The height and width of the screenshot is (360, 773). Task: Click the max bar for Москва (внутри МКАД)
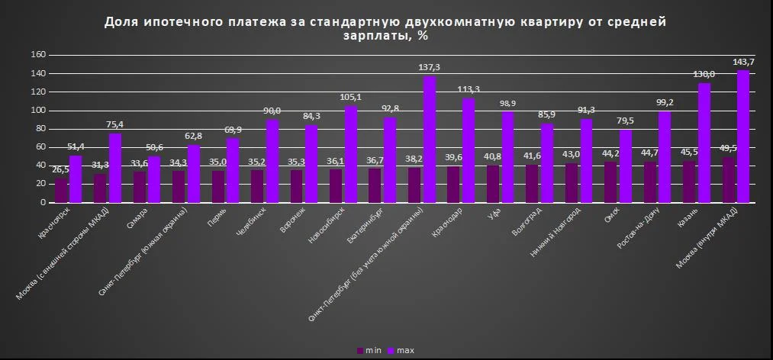click(743, 137)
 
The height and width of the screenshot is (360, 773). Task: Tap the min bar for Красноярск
click(61, 191)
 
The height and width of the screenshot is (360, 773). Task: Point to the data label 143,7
click(744, 62)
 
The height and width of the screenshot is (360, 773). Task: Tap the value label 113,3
click(469, 88)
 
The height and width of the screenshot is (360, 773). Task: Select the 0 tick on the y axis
click(44, 203)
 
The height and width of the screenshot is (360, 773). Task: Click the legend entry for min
click(369, 350)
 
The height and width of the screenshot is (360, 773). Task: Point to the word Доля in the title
click(121, 22)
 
